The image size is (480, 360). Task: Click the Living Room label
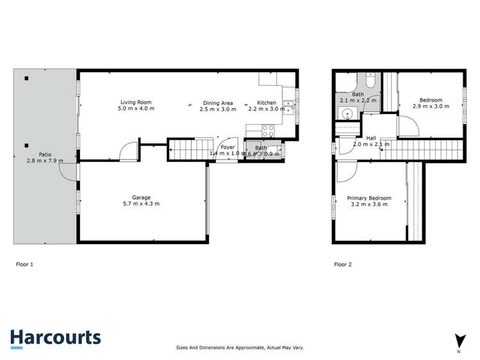(x=136, y=102)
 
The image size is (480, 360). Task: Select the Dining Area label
(x=218, y=102)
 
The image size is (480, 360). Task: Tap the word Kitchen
(x=266, y=102)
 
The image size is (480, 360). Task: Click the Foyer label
(x=228, y=147)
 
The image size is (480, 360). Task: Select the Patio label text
(x=45, y=154)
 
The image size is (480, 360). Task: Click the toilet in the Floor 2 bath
(x=370, y=81)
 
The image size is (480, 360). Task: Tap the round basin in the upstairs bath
(x=347, y=114)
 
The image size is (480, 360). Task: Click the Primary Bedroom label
(x=369, y=198)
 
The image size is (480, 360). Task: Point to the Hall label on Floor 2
(x=371, y=138)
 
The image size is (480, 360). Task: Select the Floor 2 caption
(x=343, y=263)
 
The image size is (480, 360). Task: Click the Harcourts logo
(x=55, y=338)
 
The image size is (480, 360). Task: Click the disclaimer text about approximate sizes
(x=240, y=347)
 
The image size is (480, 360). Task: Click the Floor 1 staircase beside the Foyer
(x=190, y=151)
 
